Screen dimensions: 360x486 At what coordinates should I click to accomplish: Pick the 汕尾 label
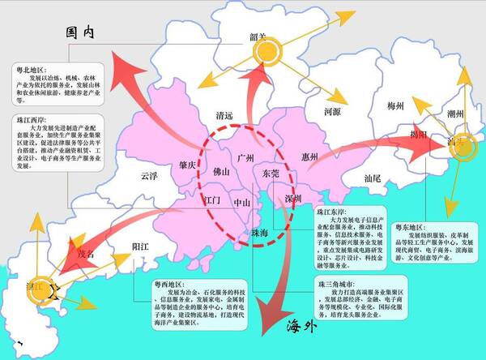click(x=372, y=176)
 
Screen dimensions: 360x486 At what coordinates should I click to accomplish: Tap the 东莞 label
click(x=270, y=173)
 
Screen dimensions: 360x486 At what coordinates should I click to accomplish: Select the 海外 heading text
click(x=301, y=328)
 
